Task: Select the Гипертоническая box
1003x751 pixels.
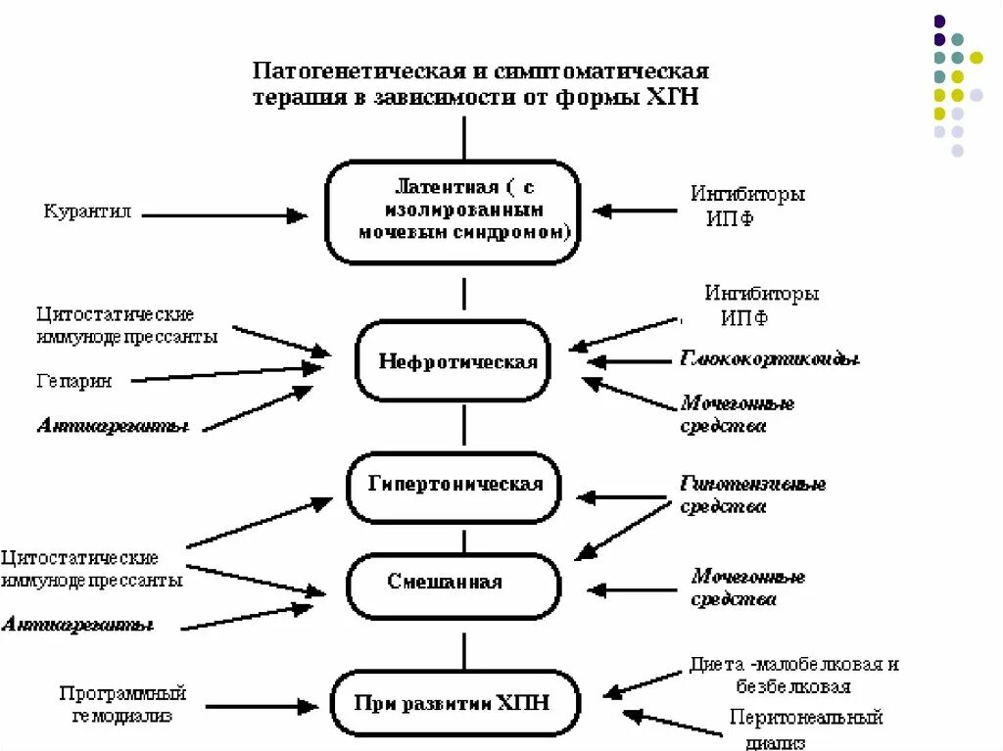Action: pyautogui.click(x=455, y=486)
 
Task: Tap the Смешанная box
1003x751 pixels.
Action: pyautogui.click(x=454, y=584)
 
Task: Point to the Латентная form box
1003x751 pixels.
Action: pyautogui.click(x=452, y=211)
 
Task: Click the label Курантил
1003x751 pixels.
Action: pyautogui.click(x=87, y=211)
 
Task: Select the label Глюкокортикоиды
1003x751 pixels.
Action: pyautogui.click(x=769, y=359)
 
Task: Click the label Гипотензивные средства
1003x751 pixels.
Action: pyautogui.click(x=752, y=495)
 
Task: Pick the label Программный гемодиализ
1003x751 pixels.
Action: pyautogui.click(x=122, y=704)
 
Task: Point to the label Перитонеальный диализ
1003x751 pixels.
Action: pyautogui.click(x=805, y=728)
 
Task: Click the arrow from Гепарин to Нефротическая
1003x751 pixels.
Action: pyautogui.click(x=225, y=374)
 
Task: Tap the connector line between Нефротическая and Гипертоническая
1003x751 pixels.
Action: pyautogui.click(x=464, y=426)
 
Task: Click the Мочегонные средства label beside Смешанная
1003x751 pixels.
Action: pyautogui.click(x=747, y=587)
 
